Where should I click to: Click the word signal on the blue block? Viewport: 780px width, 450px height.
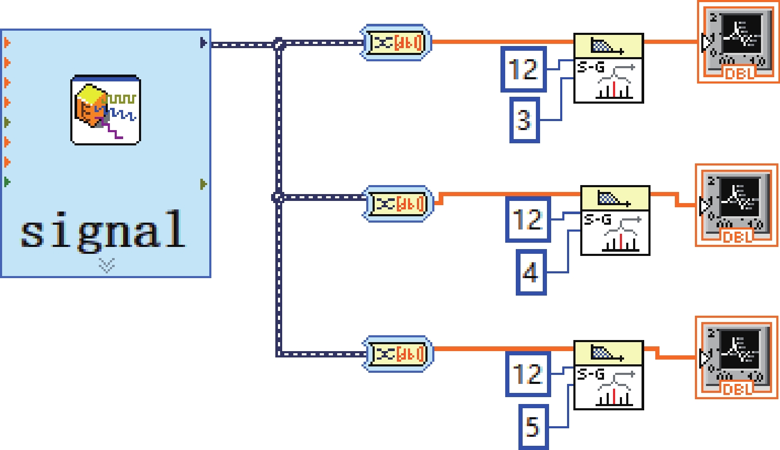coord(103,230)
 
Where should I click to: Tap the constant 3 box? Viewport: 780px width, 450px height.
coord(524,120)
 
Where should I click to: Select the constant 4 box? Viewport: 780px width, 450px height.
coord(531,272)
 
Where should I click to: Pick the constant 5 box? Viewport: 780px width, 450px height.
coord(533,427)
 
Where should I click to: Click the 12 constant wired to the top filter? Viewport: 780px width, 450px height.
coord(523,69)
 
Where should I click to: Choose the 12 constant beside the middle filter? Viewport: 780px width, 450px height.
coord(527,219)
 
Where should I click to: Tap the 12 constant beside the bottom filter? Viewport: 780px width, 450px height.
coord(527,374)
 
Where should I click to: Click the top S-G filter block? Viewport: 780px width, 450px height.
coord(608,68)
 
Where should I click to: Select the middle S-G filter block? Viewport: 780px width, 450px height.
coord(615,221)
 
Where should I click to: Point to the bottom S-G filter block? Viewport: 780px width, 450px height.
coord(608,375)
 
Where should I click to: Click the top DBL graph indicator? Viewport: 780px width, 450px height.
coord(738,42)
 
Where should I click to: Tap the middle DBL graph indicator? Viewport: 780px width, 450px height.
coord(736,205)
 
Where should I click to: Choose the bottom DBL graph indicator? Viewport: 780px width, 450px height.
coord(736,357)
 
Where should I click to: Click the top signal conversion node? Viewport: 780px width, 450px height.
coord(396,42)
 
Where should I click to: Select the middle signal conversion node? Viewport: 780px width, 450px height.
coord(397,204)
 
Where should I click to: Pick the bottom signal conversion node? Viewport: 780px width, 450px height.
coord(397,354)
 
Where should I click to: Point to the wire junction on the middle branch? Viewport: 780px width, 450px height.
coord(278,198)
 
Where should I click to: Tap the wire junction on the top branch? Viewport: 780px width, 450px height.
coord(279,44)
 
